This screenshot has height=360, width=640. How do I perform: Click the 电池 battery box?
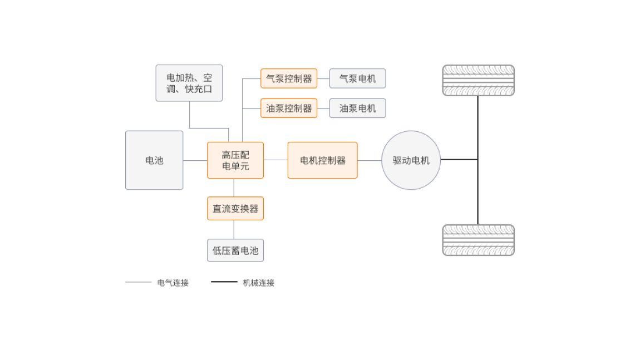154,160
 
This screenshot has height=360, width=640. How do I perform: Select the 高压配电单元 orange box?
235,160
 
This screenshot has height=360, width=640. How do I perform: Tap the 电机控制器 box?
322,160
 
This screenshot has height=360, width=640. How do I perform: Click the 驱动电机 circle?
411,160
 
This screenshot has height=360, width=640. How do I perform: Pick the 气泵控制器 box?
289,78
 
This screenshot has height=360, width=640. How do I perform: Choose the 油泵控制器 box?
289,108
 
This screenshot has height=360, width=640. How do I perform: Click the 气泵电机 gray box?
357,78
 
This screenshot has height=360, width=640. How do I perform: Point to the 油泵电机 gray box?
357,108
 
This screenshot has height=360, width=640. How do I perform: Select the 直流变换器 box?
235,209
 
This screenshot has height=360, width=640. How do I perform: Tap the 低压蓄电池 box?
235,250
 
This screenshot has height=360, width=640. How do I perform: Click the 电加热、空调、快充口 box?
189,83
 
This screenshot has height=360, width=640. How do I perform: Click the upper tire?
478,80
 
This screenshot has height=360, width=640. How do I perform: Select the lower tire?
478,240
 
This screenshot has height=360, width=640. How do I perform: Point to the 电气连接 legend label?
173,283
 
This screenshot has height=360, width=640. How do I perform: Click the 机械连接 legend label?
259,283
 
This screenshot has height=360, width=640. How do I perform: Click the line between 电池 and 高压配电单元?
195,161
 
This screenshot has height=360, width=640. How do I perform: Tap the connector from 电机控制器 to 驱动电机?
370,161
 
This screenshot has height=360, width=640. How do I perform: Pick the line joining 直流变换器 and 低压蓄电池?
234,229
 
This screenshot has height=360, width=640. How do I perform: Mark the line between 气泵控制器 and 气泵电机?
323,78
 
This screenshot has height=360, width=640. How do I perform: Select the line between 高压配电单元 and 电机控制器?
275,160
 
